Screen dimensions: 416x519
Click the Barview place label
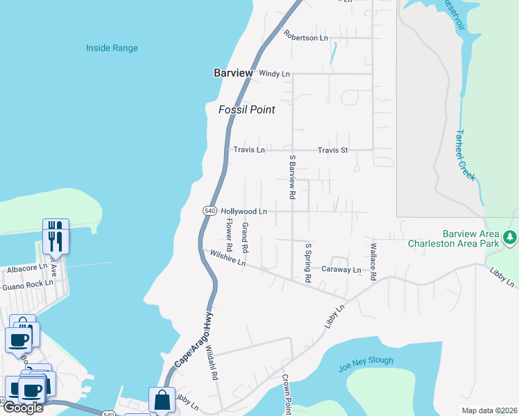click(x=232, y=73)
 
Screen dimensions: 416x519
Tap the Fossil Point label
click(x=247, y=110)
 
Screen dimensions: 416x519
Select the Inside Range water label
click(x=112, y=49)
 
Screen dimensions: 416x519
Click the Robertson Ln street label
click(x=305, y=38)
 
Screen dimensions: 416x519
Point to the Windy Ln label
click(x=274, y=73)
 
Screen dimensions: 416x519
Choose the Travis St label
click(x=332, y=150)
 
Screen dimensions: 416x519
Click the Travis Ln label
click(x=249, y=150)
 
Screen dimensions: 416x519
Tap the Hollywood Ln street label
click(x=244, y=211)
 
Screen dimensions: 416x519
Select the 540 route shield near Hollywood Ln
click(x=210, y=210)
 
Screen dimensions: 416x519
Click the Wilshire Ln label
click(x=228, y=259)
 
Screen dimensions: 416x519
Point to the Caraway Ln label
click(x=341, y=270)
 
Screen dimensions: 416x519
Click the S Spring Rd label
click(x=308, y=262)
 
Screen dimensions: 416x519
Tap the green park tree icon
click(x=510, y=238)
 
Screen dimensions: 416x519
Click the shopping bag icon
click(x=161, y=400)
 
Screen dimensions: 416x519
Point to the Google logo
click(x=22, y=408)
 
